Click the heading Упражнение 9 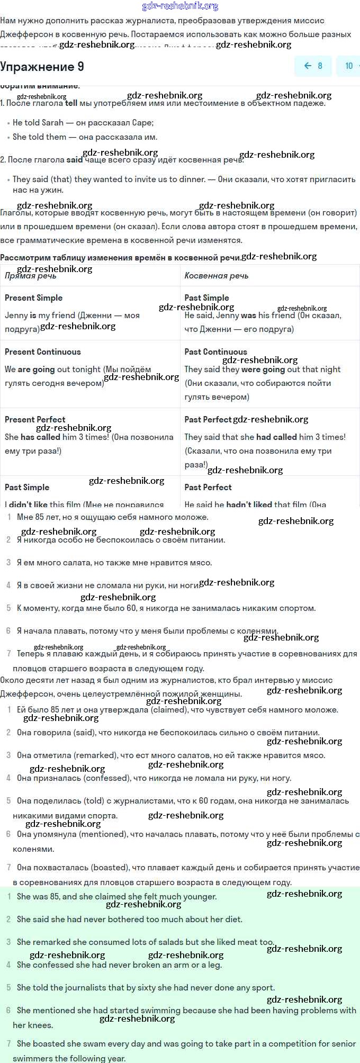coord(42,67)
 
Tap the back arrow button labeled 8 coord(313,66)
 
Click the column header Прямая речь coord(30,276)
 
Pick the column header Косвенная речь coord(216,276)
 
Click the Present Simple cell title coord(33,298)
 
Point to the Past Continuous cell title coord(215,352)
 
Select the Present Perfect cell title coord(35,420)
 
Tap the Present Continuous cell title coord(42,352)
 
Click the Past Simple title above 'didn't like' coord(27,488)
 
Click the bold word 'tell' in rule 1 coord(71,103)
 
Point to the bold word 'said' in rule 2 coord(75,160)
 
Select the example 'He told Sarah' coord(38,123)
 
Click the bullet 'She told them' coord(39,137)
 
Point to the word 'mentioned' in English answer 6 coord(58,1011)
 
